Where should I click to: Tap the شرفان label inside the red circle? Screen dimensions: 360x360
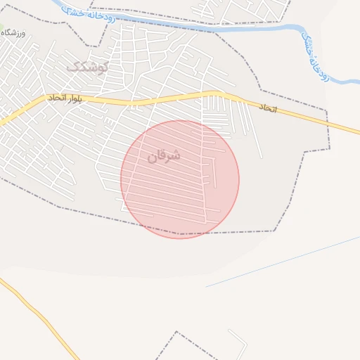coord(164,155)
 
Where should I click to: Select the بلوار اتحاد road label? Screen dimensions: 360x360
coord(65,98)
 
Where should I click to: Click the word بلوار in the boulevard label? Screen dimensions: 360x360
coord(72,98)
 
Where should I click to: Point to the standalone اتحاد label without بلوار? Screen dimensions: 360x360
coord(268,108)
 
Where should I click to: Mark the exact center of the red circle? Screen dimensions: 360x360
coord(180,179)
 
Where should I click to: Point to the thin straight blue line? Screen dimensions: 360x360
coord(281,262)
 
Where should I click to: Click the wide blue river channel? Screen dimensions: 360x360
coord(211,27)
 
